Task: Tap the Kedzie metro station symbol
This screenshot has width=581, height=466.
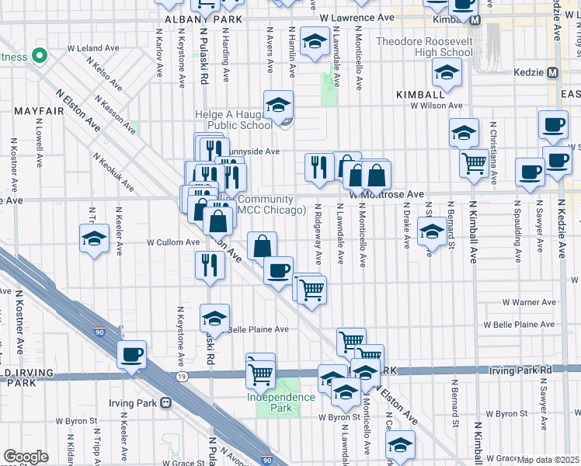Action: point(553,72)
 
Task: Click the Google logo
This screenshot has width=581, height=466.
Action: point(26,457)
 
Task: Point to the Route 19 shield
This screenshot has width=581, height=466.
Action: point(182,376)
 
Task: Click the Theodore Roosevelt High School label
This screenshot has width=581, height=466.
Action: point(423,47)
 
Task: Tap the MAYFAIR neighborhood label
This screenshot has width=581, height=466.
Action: point(38,111)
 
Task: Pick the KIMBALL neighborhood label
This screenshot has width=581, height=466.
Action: point(419,93)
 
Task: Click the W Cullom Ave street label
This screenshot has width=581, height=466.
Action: point(175,242)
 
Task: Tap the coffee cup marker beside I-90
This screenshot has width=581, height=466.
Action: point(131,355)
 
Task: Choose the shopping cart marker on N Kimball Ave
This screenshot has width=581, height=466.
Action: point(474,164)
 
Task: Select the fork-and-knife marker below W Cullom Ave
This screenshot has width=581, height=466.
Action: point(210,266)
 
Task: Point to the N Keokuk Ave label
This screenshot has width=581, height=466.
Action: point(113,172)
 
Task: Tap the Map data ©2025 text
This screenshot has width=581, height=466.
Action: point(548,460)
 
